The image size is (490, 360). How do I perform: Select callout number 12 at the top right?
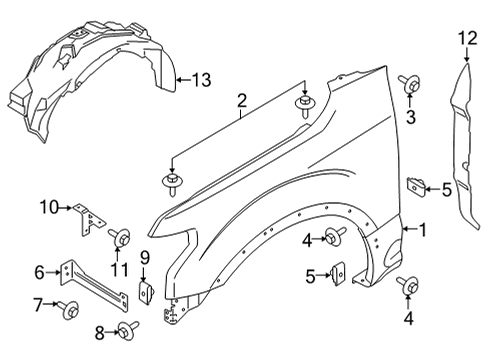[x=464, y=39]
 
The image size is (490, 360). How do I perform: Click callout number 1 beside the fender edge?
[x=422, y=230]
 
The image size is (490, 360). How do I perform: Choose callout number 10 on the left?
[x=50, y=207]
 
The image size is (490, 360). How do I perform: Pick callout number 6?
[x=40, y=271]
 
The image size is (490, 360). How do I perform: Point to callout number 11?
[x=118, y=270]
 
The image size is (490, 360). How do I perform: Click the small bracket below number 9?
[x=144, y=293]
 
